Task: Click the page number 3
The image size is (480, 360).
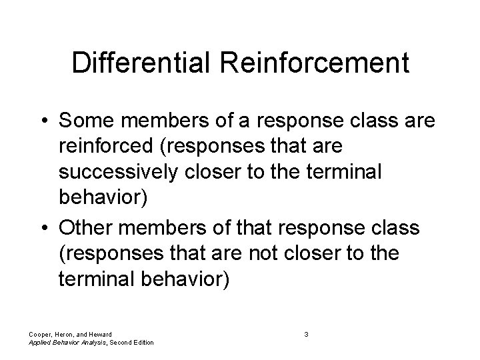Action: (x=305, y=333)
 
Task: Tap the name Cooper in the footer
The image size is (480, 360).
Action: (x=39, y=333)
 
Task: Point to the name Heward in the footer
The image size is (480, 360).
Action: (x=100, y=333)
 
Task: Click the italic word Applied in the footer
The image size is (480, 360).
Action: (x=39, y=343)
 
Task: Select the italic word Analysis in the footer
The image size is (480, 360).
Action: (x=91, y=343)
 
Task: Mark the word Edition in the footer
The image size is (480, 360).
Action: (x=141, y=343)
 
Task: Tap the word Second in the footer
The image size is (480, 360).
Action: (x=118, y=343)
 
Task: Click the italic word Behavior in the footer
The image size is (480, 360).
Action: (x=63, y=343)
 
